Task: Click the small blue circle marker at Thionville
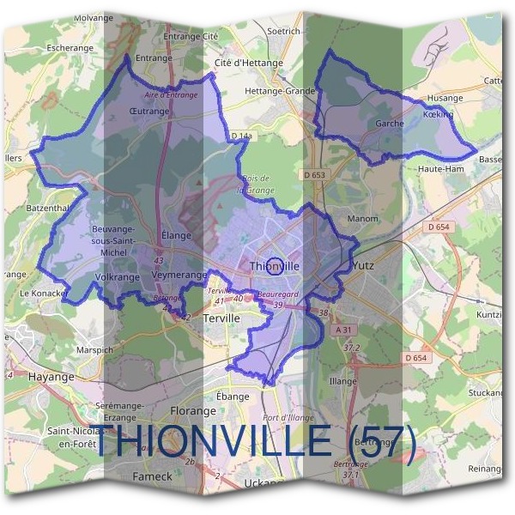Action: click(x=275, y=265)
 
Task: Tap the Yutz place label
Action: click(x=364, y=266)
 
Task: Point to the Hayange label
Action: click(x=51, y=375)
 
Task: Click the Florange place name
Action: click(x=192, y=411)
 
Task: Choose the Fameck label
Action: click(x=153, y=476)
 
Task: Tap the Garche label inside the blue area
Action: click(x=390, y=124)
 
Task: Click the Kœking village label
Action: click(x=438, y=113)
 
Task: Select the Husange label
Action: click(x=445, y=98)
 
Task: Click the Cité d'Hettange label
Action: click(x=246, y=63)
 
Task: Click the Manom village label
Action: click(x=362, y=219)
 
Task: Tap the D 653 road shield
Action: click(x=315, y=175)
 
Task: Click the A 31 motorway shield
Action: click(x=345, y=330)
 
